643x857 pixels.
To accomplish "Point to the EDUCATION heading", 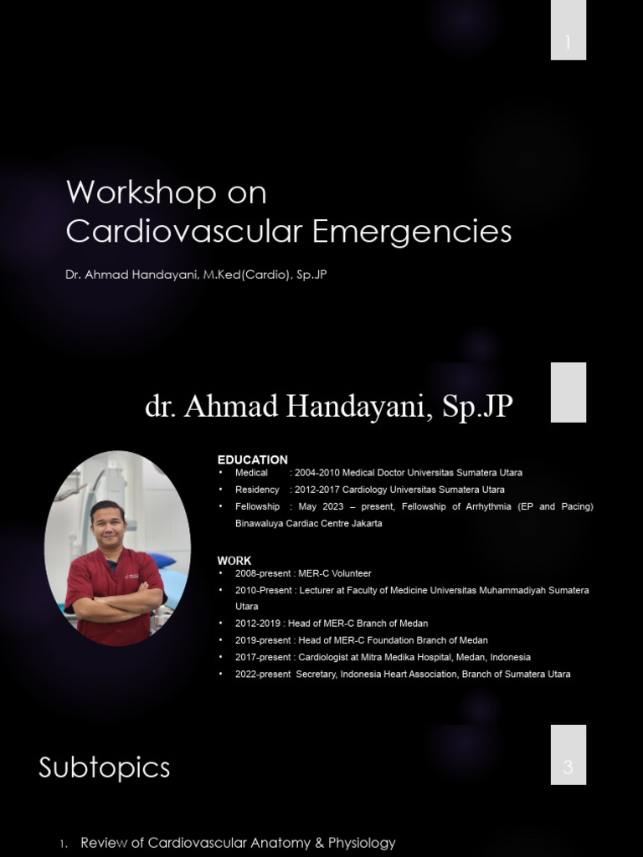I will [x=252, y=459].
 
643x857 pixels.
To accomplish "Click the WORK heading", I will [x=234, y=561].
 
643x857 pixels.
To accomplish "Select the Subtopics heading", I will [x=104, y=767].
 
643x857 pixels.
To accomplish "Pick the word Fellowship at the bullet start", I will [x=257, y=506].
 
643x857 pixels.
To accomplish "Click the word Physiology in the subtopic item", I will [x=360, y=843].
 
